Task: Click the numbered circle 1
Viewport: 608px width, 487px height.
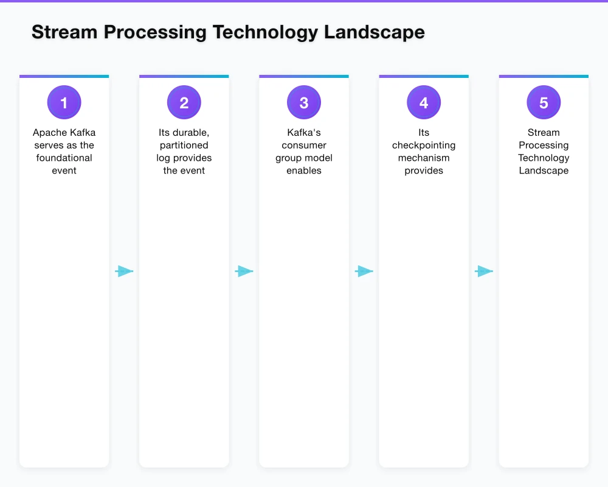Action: pyautogui.click(x=64, y=103)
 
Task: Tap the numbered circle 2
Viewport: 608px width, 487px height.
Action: pyautogui.click(x=184, y=103)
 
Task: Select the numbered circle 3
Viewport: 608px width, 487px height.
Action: pyautogui.click(x=304, y=103)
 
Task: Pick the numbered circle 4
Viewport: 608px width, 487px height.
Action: pyautogui.click(x=424, y=103)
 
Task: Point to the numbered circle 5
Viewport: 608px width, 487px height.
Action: pyautogui.click(x=544, y=103)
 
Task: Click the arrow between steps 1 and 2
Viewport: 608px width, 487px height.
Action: pyautogui.click(x=124, y=272)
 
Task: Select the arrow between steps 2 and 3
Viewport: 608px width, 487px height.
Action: pyautogui.click(x=244, y=272)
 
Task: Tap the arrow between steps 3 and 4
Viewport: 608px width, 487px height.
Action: pyautogui.click(x=364, y=272)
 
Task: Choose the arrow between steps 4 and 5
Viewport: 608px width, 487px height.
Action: pyautogui.click(x=484, y=272)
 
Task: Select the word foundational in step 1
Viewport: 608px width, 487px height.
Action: pyautogui.click(x=64, y=158)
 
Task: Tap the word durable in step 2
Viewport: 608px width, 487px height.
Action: pyautogui.click(x=191, y=133)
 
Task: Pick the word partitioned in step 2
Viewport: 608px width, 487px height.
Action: pyautogui.click(x=184, y=145)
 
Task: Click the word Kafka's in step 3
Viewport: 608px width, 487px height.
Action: pyautogui.click(x=304, y=133)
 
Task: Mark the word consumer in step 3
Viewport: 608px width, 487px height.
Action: pyautogui.click(x=304, y=145)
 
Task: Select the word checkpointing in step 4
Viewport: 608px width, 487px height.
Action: pyautogui.click(x=424, y=145)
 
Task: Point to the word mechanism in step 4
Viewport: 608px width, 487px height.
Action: pyautogui.click(x=424, y=158)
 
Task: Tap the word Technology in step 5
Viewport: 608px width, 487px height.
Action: pyautogui.click(x=544, y=158)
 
